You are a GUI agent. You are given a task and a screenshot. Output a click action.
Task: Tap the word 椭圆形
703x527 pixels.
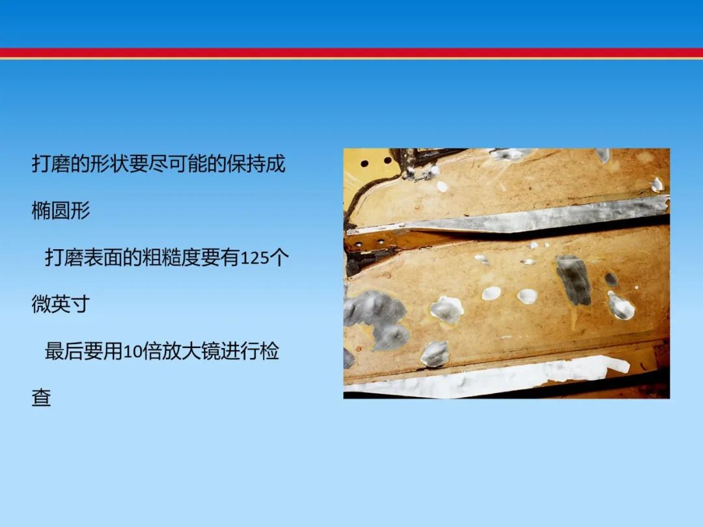(x=61, y=211)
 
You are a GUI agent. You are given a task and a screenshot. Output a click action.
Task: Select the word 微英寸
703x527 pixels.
(x=61, y=304)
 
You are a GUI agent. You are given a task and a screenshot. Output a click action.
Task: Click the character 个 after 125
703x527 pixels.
(x=280, y=258)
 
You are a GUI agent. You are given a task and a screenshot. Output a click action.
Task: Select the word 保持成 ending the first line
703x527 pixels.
(x=256, y=164)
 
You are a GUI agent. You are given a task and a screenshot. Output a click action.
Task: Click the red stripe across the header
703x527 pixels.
(x=351, y=53)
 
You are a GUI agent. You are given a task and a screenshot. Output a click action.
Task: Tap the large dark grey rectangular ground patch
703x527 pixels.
(x=573, y=280)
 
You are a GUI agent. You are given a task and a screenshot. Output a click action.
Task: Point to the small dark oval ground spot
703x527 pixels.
(x=611, y=279)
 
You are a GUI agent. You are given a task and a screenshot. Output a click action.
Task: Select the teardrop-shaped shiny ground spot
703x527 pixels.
(x=621, y=306)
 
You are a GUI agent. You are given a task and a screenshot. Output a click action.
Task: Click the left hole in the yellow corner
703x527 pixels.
(x=365, y=163)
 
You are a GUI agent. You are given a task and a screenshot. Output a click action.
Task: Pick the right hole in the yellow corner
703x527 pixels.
(x=388, y=160)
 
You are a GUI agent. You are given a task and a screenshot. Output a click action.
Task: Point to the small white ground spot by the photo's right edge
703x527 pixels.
(x=657, y=185)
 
